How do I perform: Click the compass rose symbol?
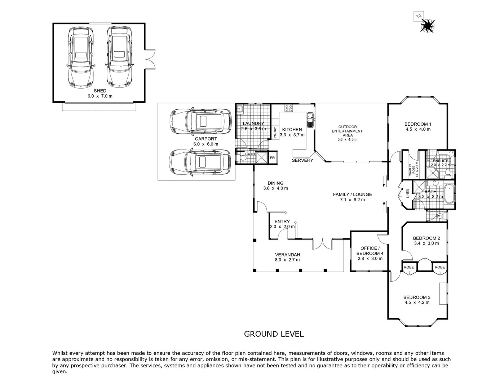[x=427, y=24]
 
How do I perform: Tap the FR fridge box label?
[x=272, y=158]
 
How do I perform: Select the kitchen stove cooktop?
[x=289, y=107]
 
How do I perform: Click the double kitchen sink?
[x=310, y=120]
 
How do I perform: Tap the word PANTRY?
[x=275, y=133]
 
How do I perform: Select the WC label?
[x=439, y=216]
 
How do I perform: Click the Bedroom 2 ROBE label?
[x=408, y=267]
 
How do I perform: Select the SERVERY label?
[x=302, y=160]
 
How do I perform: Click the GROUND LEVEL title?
[x=274, y=334]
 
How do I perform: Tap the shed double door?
[x=150, y=59]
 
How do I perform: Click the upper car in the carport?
[x=200, y=121]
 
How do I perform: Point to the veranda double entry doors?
[x=322, y=244]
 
